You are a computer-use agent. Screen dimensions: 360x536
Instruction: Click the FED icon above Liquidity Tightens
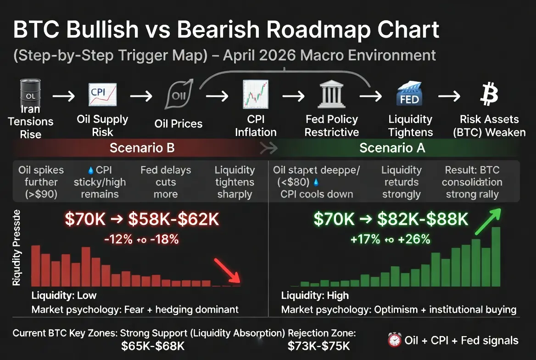click(408, 95)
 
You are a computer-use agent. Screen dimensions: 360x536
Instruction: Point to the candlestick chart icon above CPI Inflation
click(255, 95)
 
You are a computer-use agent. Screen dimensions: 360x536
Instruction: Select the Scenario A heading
click(392, 148)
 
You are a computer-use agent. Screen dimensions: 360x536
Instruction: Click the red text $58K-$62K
click(173, 220)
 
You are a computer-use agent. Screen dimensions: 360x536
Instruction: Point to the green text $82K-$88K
click(423, 220)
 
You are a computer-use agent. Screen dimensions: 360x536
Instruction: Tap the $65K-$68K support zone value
click(153, 346)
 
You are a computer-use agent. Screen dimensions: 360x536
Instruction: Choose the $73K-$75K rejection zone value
click(318, 346)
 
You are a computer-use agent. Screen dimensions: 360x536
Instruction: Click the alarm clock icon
click(394, 340)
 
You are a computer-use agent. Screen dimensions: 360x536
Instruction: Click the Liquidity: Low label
click(64, 295)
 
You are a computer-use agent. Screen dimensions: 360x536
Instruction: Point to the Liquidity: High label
click(315, 295)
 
